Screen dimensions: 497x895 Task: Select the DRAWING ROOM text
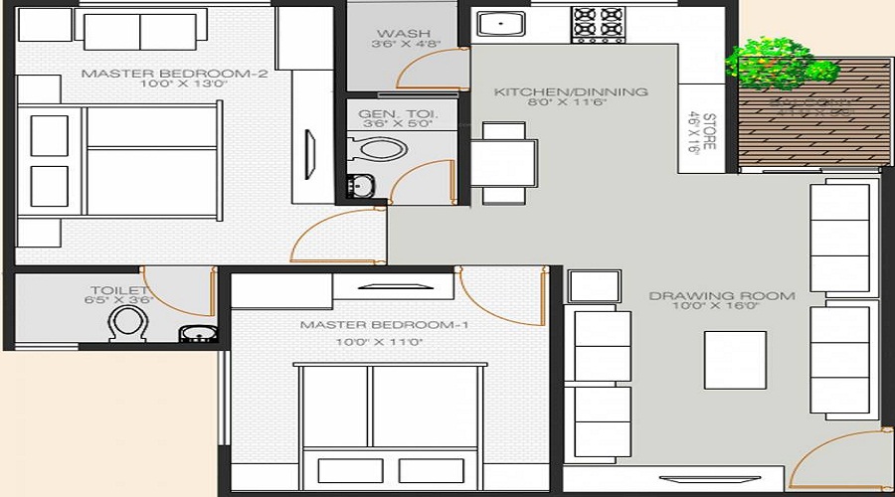point(722,295)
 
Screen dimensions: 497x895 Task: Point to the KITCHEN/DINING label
point(571,91)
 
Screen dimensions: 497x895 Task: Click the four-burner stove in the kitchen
point(598,24)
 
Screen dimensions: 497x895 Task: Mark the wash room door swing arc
point(423,68)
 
